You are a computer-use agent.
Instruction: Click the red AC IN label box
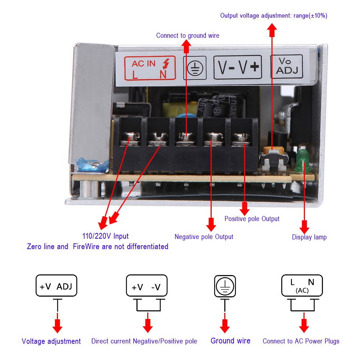click(150, 68)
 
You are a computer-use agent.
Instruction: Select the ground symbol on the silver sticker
click(195, 68)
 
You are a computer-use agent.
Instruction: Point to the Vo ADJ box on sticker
click(287, 67)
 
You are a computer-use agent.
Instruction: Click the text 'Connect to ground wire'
click(188, 36)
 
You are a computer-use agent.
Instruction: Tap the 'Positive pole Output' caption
click(252, 219)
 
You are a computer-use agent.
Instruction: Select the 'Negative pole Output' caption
click(204, 237)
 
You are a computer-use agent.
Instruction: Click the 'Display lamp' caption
click(309, 237)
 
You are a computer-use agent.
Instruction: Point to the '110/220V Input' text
click(105, 236)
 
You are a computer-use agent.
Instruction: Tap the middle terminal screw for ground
click(185, 138)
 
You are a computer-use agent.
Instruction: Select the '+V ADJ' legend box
click(56, 286)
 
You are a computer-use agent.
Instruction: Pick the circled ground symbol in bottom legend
click(225, 286)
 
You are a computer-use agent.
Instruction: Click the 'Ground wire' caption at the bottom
click(230, 341)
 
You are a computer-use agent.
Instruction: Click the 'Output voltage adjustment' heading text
click(274, 15)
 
